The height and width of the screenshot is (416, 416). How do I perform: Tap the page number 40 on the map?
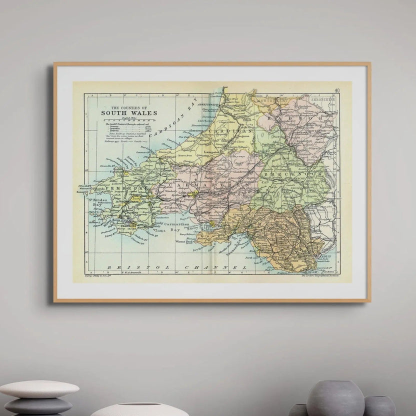coord(337,90)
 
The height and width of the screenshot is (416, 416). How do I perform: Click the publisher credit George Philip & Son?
coord(101,275)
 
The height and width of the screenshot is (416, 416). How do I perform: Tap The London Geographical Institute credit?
coord(320,275)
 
